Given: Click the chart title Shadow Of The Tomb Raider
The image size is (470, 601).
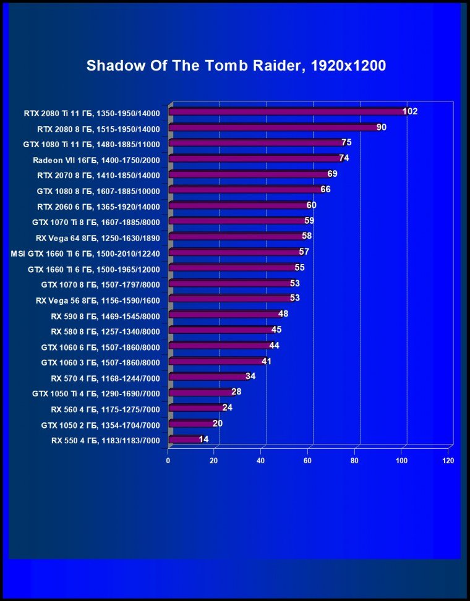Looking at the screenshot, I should (236, 66).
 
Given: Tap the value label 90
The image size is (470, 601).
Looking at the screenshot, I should (382, 127).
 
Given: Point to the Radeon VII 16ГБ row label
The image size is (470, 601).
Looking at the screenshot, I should (96, 160).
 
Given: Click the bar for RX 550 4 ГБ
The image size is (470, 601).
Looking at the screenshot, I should (184, 440).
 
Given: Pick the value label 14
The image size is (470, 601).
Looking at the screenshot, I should (204, 439).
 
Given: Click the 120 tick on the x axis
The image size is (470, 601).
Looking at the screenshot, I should (448, 461).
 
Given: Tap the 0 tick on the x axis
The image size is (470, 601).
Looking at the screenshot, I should (168, 461).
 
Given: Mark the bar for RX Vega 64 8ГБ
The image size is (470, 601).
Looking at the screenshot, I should (236, 237).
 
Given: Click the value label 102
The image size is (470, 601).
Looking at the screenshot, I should (410, 111).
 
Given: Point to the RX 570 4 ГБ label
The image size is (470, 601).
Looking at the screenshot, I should (105, 378).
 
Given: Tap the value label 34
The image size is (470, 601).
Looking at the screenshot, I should (250, 376).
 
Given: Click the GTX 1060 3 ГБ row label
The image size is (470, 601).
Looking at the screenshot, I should (101, 362).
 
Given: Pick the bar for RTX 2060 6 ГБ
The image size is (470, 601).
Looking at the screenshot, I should (238, 206).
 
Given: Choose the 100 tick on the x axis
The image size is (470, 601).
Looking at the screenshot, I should (401, 461).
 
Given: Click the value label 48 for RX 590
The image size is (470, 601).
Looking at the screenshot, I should (283, 314).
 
